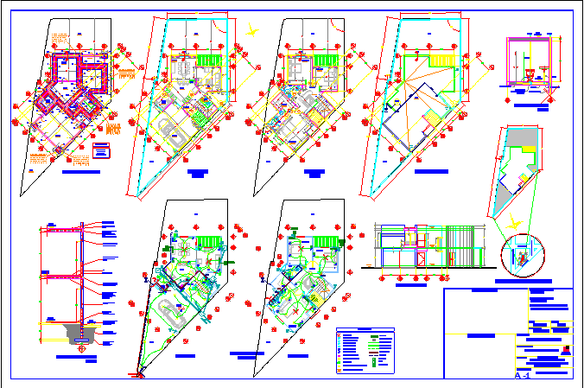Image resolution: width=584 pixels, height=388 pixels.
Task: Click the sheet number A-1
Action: [522, 377]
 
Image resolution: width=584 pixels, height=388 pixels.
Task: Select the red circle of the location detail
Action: [524, 255]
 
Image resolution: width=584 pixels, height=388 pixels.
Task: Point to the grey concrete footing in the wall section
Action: [79, 331]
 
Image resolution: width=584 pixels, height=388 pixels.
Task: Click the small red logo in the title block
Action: [566, 350]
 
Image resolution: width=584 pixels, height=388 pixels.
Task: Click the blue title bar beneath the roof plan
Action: [430, 171]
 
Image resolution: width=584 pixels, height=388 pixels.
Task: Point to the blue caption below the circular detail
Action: [523, 281]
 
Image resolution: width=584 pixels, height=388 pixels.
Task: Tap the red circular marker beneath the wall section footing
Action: [84, 347]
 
